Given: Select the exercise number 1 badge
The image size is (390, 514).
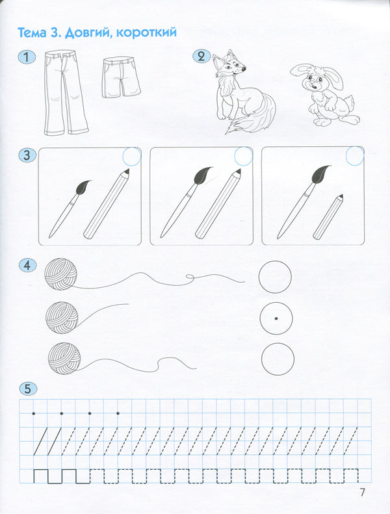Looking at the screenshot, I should (26, 58).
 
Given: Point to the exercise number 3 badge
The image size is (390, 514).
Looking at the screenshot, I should (26, 155).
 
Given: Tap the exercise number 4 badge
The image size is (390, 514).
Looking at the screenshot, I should (26, 264).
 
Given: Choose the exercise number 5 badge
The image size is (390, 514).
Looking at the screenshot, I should (26, 388).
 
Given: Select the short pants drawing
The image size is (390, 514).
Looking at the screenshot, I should (121, 77).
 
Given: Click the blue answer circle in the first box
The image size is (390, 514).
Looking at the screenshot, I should (131, 157).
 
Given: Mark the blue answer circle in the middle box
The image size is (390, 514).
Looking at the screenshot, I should (243, 156).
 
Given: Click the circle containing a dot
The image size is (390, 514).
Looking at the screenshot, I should (276, 318).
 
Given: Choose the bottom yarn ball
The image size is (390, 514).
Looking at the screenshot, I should (64, 358).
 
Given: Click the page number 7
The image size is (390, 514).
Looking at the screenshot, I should (362, 493).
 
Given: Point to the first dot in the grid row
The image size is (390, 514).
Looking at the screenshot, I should (33, 413).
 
